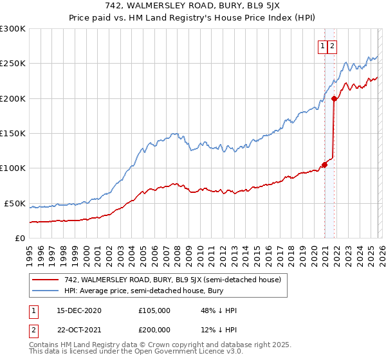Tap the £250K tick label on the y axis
pos(13,64)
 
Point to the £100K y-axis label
pos(13,168)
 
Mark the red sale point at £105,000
pos(325,165)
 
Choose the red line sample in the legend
pos(46,280)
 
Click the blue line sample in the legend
pos(46,291)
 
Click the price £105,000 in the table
pos(154,310)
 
